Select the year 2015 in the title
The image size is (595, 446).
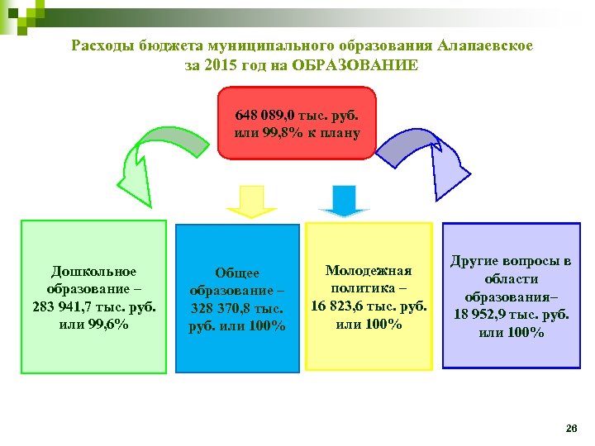(x=223, y=65)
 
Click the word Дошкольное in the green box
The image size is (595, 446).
(x=93, y=271)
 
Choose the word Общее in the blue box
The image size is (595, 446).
(x=237, y=273)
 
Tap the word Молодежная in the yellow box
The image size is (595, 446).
(x=369, y=270)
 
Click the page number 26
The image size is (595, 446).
(x=570, y=429)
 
